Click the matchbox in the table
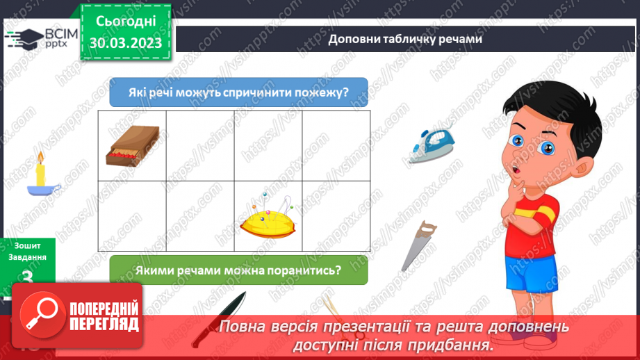pos(133,146)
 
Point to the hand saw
pos(419,245)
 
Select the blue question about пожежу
pos(238,92)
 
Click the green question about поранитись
pos(238,270)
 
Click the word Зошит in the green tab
pos(26,245)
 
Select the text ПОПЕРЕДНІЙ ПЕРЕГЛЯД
pos(104,317)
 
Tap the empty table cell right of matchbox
pos(200,146)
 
